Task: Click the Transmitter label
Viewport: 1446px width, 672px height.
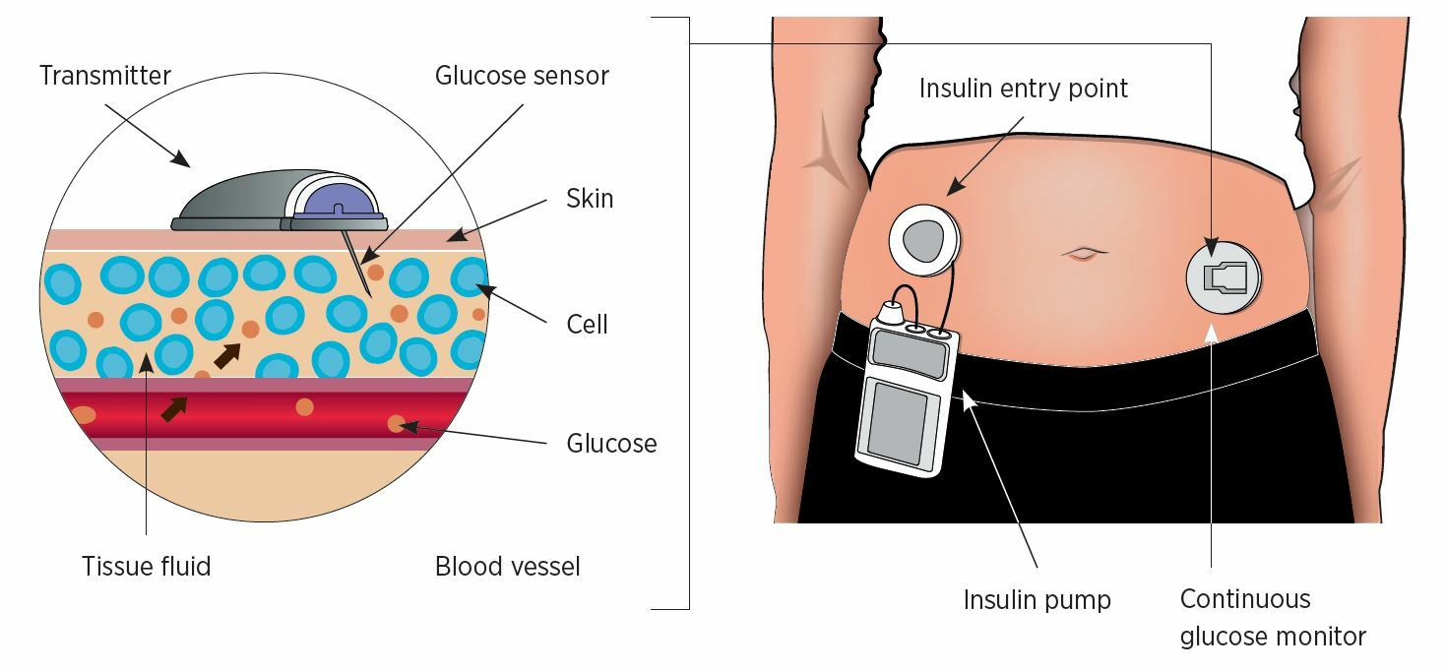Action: pyautogui.click(x=105, y=76)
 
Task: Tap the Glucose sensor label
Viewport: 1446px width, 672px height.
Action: pyautogui.click(x=522, y=76)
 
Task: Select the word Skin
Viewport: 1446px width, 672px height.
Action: pyautogui.click(x=590, y=199)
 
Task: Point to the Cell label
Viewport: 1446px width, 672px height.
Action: pyautogui.click(x=587, y=324)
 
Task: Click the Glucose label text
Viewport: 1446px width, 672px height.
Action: pyautogui.click(x=611, y=444)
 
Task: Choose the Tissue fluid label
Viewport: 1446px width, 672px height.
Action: pyautogui.click(x=146, y=566)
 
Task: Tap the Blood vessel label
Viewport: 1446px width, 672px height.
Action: pyautogui.click(x=507, y=566)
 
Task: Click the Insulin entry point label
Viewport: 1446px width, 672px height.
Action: pyautogui.click(x=1023, y=89)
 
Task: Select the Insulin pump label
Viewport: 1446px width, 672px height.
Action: pyautogui.click(x=1037, y=600)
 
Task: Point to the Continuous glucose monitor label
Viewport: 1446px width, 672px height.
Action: pyautogui.click(x=1273, y=617)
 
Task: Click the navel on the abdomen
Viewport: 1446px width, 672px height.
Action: pyautogui.click(x=1085, y=253)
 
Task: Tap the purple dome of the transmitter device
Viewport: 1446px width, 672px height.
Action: pyautogui.click(x=336, y=199)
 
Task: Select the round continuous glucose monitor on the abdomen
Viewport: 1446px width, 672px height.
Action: pyautogui.click(x=1224, y=277)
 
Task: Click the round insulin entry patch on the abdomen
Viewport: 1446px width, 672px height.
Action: pyautogui.click(x=923, y=240)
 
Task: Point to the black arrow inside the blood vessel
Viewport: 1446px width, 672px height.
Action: pyautogui.click(x=174, y=409)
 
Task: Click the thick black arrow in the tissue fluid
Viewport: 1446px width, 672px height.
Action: pyautogui.click(x=227, y=356)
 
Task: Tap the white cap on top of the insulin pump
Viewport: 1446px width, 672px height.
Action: pyautogui.click(x=891, y=314)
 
